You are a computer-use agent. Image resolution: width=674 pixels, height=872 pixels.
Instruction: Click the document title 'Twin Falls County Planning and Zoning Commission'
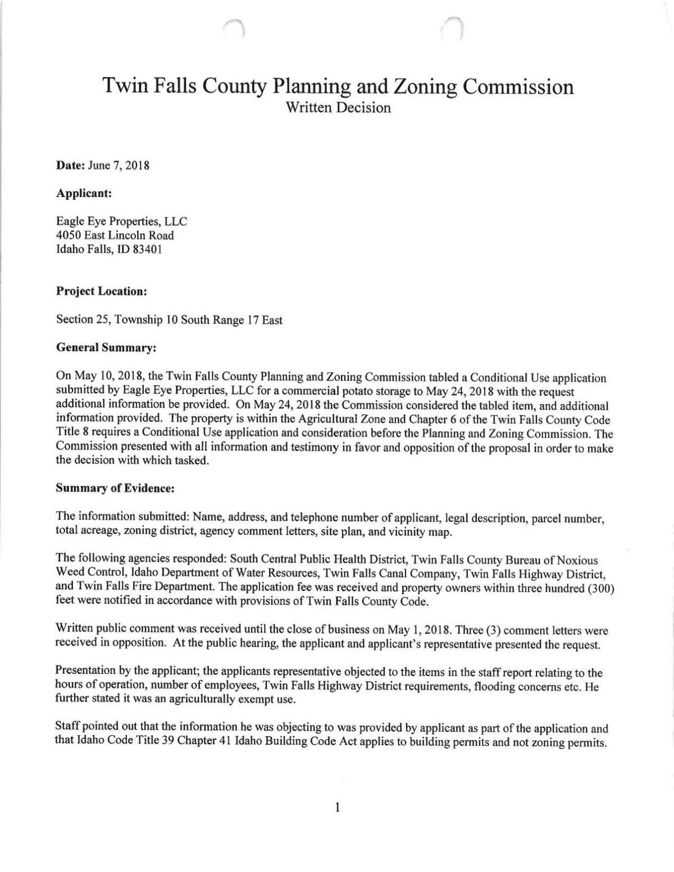tap(338, 87)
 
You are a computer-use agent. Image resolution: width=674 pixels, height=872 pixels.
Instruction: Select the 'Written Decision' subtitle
tap(338, 107)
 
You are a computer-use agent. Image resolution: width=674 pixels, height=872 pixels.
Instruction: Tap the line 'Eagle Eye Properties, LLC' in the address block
tap(121, 222)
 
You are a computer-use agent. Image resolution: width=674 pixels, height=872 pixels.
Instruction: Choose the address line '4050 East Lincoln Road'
tap(115, 236)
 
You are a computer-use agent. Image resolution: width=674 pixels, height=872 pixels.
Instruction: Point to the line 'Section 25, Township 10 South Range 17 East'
tap(169, 320)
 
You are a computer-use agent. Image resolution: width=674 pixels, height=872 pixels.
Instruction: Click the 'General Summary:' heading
tap(106, 348)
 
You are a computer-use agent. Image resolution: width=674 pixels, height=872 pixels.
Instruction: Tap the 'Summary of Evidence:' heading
tap(116, 488)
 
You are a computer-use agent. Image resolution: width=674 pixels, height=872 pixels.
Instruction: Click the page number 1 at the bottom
tap(337, 808)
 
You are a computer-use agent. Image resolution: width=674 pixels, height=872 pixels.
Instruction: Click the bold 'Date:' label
tap(68, 166)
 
